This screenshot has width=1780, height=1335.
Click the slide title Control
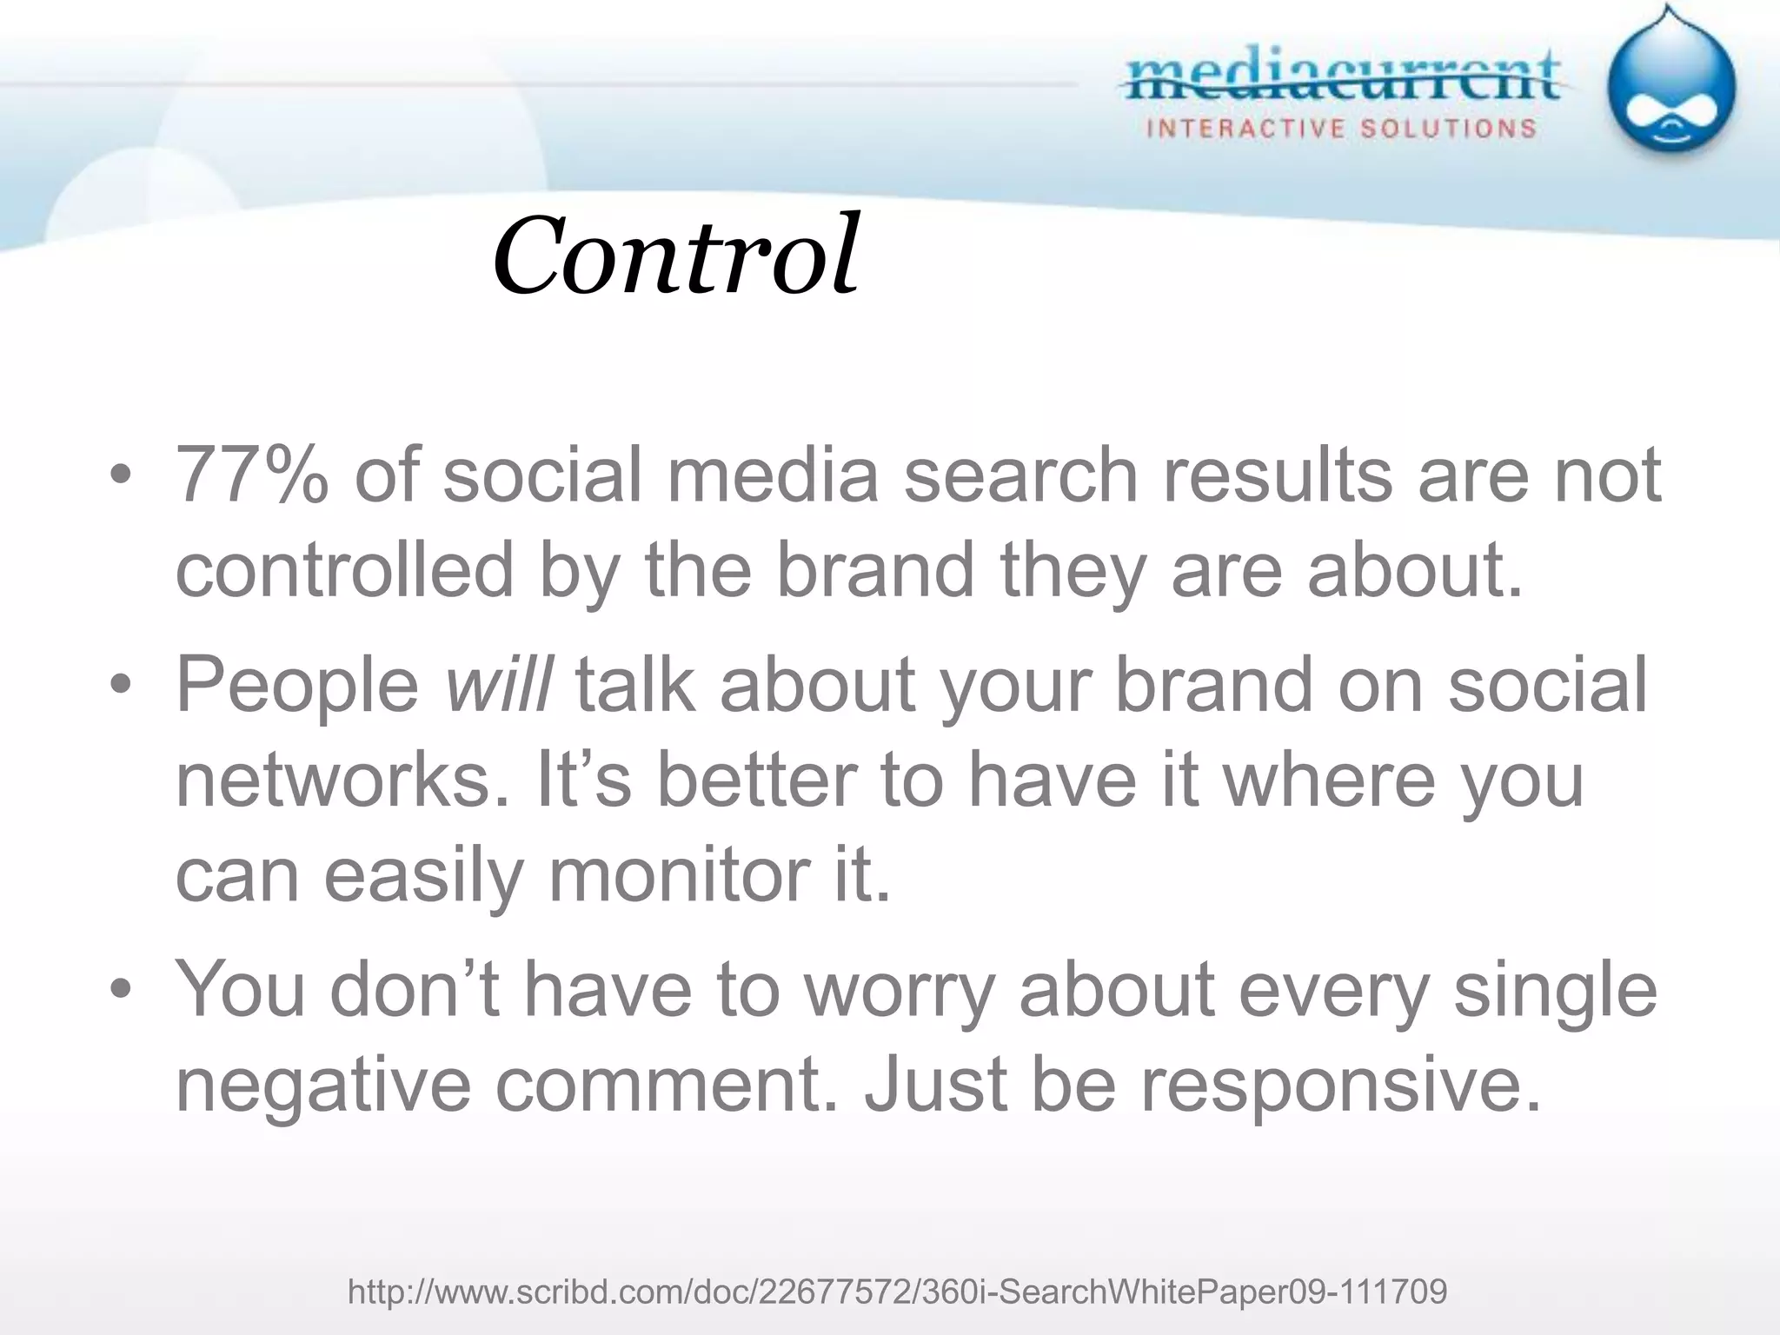(676, 256)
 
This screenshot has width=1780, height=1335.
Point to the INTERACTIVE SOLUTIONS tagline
(1342, 130)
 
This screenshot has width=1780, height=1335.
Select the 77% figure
(253, 475)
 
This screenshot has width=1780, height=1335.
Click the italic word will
(497, 685)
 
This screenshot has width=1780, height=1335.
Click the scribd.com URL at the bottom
(897, 1292)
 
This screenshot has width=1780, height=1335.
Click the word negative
(322, 1086)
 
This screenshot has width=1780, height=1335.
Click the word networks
(342, 780)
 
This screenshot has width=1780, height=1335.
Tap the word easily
(423, 876)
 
